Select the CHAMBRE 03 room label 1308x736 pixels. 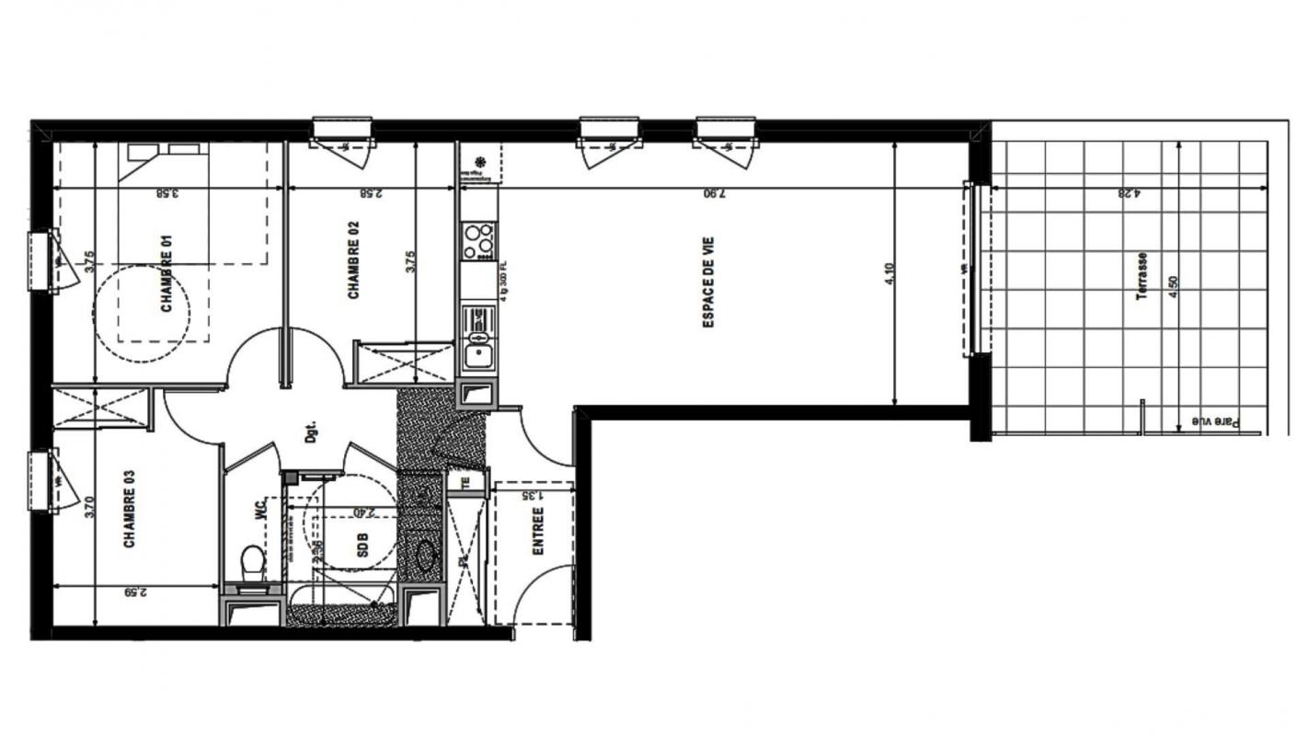coord(130,509)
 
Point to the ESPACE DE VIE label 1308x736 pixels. coord(709,282)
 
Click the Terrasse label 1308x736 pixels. coord(1142,276)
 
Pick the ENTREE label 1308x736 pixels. coord(538,531)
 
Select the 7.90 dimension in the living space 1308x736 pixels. coord(714,193)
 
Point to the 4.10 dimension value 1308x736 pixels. coord(890,274)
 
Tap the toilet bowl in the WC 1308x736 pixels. coord(251,559)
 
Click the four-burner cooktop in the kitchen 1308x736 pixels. coord(478,241)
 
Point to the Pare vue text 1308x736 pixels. coord(1216,421)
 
